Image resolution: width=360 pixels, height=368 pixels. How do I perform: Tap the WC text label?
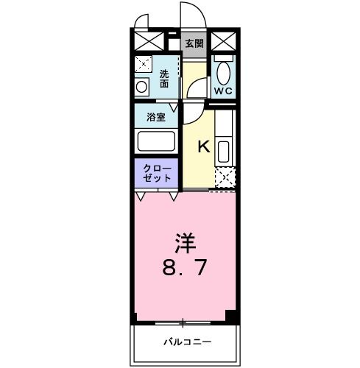[223, 91]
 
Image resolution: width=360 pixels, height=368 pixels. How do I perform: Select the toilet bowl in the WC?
[224, 72]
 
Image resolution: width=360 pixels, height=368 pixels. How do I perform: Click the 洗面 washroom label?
[165, 79]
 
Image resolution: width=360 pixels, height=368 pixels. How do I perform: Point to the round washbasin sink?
[142, 87]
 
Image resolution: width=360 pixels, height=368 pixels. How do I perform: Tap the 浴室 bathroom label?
[155, 116]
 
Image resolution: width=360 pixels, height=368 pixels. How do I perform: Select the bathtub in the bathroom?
[155, 140]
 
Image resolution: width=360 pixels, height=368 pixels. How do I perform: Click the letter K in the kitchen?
[203, 146]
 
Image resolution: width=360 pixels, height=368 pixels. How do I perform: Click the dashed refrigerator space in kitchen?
[224, 178]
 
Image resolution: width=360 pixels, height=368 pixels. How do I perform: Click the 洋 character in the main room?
[185, 242]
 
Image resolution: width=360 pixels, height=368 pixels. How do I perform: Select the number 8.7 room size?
[185, 266]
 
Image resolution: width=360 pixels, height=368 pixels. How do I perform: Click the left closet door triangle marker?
[140, 197]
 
